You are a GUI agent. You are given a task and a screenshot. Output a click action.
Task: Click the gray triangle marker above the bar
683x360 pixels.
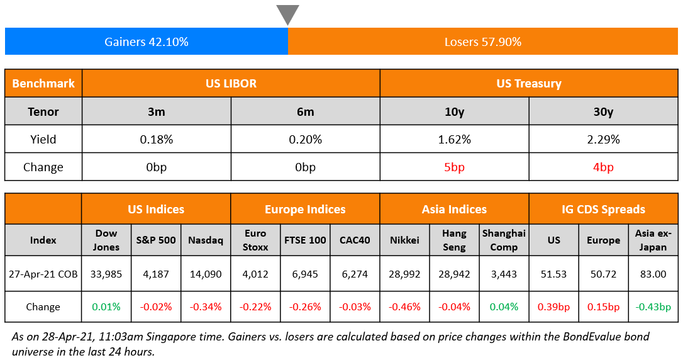[287, 14]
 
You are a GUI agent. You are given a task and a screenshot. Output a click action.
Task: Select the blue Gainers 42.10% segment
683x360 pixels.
[146, 42]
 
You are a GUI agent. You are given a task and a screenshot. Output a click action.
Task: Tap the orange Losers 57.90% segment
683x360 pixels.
[482, 42]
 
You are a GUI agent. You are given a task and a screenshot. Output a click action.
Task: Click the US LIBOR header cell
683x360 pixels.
[231, 83]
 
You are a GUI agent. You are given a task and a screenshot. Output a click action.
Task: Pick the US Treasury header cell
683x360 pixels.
[529, 83]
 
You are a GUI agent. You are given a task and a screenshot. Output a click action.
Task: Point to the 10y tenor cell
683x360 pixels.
[454, 111]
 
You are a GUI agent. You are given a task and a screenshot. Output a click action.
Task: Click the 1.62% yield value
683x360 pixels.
[454, 139]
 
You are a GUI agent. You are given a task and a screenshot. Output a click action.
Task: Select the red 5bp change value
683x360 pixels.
[454, 167]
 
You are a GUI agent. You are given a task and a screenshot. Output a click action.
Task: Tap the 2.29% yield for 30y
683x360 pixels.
[603, 139]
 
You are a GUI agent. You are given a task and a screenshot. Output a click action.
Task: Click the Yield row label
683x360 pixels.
[43, 139]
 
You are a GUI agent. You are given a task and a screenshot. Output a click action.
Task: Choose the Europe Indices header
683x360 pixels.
[305, 209]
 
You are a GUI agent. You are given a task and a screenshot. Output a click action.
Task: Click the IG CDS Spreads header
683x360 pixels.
[603, 209]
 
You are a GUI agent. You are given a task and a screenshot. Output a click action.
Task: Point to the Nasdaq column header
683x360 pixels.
[206, 240]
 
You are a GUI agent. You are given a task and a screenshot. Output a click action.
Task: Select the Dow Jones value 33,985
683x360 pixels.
[106, 274]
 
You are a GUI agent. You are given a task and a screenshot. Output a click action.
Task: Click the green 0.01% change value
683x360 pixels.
[106, 307]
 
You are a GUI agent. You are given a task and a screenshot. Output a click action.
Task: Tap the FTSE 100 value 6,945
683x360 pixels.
[305, 274]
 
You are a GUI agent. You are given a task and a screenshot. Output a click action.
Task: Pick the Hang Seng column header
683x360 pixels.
[454, 240]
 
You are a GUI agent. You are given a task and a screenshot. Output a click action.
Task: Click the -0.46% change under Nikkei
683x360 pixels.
[404, 307]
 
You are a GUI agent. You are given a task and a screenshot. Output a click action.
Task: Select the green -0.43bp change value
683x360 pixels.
[653, 307]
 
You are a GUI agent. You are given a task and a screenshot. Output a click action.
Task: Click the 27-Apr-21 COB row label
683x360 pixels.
[43, 274]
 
